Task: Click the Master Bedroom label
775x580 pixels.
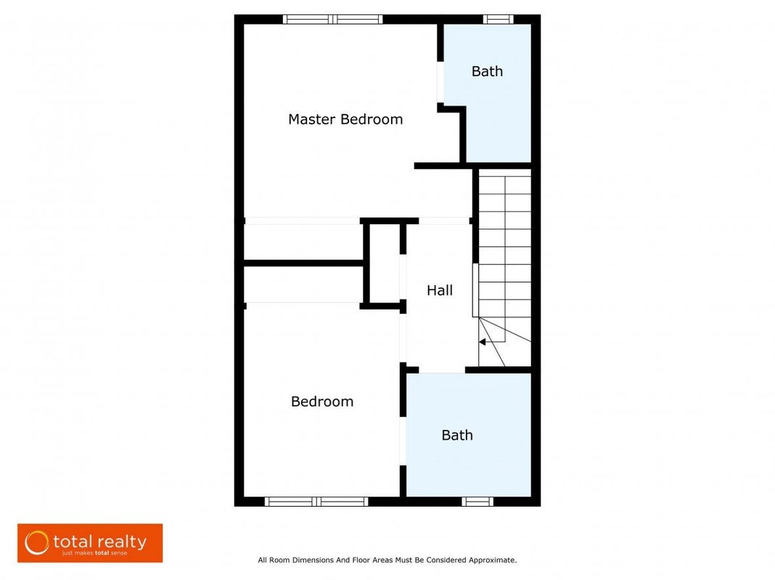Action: [x=345, y=120]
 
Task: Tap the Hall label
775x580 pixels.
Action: [x=440, y=290]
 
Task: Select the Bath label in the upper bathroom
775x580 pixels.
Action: [x=488, y=72]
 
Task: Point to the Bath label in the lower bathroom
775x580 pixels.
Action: [x=457, y=436]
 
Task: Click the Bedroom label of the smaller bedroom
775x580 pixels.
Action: [x=322, y=402]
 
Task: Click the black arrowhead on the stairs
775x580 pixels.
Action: [x=482, y=342]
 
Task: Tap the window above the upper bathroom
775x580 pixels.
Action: [x=499, y=20]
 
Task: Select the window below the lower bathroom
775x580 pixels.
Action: [x=477, y=502]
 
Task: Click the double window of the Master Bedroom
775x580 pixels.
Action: [x=332, y=20]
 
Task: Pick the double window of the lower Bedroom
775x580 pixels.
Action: [x=316, y=502]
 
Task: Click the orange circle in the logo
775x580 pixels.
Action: [x=37, y=543]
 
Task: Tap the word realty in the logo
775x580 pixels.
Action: [x=120, y=542]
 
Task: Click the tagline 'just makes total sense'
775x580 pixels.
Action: [x=94, y=553]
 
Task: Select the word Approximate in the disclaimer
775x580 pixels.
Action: [x=492, y=560]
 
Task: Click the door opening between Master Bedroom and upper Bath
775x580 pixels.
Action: [x=440, y=82]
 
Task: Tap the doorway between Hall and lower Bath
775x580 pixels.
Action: [x=442, y=370]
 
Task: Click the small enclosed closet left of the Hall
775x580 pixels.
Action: [x=385, y=264]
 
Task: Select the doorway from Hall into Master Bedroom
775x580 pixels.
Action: [x=444, y=220]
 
